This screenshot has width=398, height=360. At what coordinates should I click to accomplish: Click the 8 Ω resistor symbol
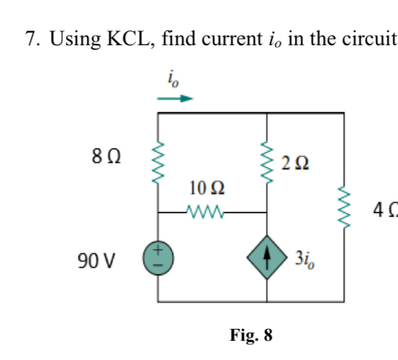click(158, 162)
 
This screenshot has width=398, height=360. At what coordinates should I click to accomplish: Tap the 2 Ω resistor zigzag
click(267, 162)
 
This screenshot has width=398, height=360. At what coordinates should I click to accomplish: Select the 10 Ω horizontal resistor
click(205, 212)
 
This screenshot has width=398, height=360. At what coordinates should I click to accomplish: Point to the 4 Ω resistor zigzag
click(344, 207)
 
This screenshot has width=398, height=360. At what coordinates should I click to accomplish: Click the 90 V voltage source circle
click(158, 258)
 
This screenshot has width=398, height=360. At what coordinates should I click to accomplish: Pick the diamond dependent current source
click(267, 258)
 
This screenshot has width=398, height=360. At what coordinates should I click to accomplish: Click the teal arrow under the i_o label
click(175, 99)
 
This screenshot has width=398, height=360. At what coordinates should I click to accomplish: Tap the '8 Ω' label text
click(106, 156)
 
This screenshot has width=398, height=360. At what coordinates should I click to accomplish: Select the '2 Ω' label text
click(295, 163)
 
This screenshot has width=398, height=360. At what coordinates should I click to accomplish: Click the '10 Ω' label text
click(207, 188)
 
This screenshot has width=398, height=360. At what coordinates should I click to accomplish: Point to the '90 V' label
click(96, 261)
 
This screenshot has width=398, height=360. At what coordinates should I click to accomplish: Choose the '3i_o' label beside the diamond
click(305, 259)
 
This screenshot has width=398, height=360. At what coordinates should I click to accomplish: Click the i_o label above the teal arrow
click(173, 79)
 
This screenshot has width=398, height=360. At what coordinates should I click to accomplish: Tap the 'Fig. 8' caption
click(251, 335)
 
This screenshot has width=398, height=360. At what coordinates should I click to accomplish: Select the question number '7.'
click(33, 39)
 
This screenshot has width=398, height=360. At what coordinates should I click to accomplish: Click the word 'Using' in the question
click(75, 39)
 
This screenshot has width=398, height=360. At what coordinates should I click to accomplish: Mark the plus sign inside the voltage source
click(158, 250)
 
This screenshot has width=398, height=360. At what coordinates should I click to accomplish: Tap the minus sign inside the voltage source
click(158, 265)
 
